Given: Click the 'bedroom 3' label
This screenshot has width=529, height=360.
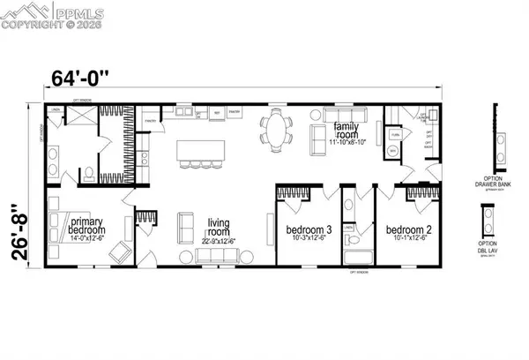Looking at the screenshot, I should click(308, 230).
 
